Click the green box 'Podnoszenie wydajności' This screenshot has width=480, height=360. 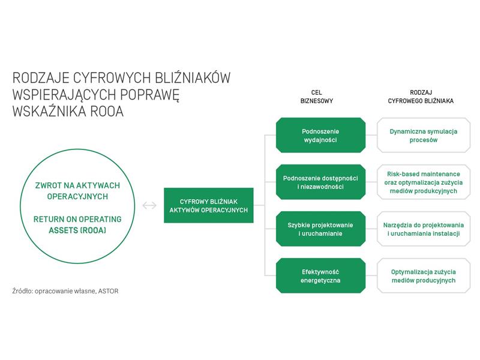pyautogui.click(x=320, y=135)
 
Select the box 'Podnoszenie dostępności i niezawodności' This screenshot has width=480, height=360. pyautogui.click(x=320, y=182)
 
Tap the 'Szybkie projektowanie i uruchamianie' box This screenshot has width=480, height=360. pyautogui.click(x=320, y=229)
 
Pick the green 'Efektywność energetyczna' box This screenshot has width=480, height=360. pyautogui.click(x=320, y=276)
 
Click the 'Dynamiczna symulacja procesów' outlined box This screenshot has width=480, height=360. pyautogui.click(x=424, y=135)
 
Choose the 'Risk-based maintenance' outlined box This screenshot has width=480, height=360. pyautogui.click(x=424, y=182)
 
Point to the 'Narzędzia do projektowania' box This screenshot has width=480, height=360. pyautogui.click(x=424, y=229)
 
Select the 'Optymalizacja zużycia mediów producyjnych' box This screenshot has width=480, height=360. pyautogui.click(x=424, y=276)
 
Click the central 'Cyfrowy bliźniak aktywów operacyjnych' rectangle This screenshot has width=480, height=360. pyautogui.click(x=209, y=205)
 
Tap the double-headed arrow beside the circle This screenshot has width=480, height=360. pyautogui.click(x=149, y=205)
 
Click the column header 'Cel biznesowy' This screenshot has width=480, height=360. pyautogui.click(x=317, y=97)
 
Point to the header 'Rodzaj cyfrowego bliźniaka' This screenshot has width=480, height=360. pyautogui.click(x=421, y=97)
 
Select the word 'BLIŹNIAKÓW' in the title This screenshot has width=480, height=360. pyautogui.click(x=193, y=78)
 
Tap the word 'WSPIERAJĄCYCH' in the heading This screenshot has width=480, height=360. pyautogui.click(x=64, y=95)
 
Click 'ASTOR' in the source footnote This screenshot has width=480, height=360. pyautogui.click(x=108, y=291)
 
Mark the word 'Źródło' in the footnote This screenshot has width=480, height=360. pyautogui.click(x=23, y=291)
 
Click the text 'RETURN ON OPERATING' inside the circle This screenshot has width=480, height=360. pyautogui.click(x=77, y=219)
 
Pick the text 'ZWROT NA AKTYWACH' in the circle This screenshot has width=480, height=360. pyautogui.click(x=77, y=185)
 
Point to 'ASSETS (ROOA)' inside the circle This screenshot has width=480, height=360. pyautogui.click(x=77, y=230)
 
